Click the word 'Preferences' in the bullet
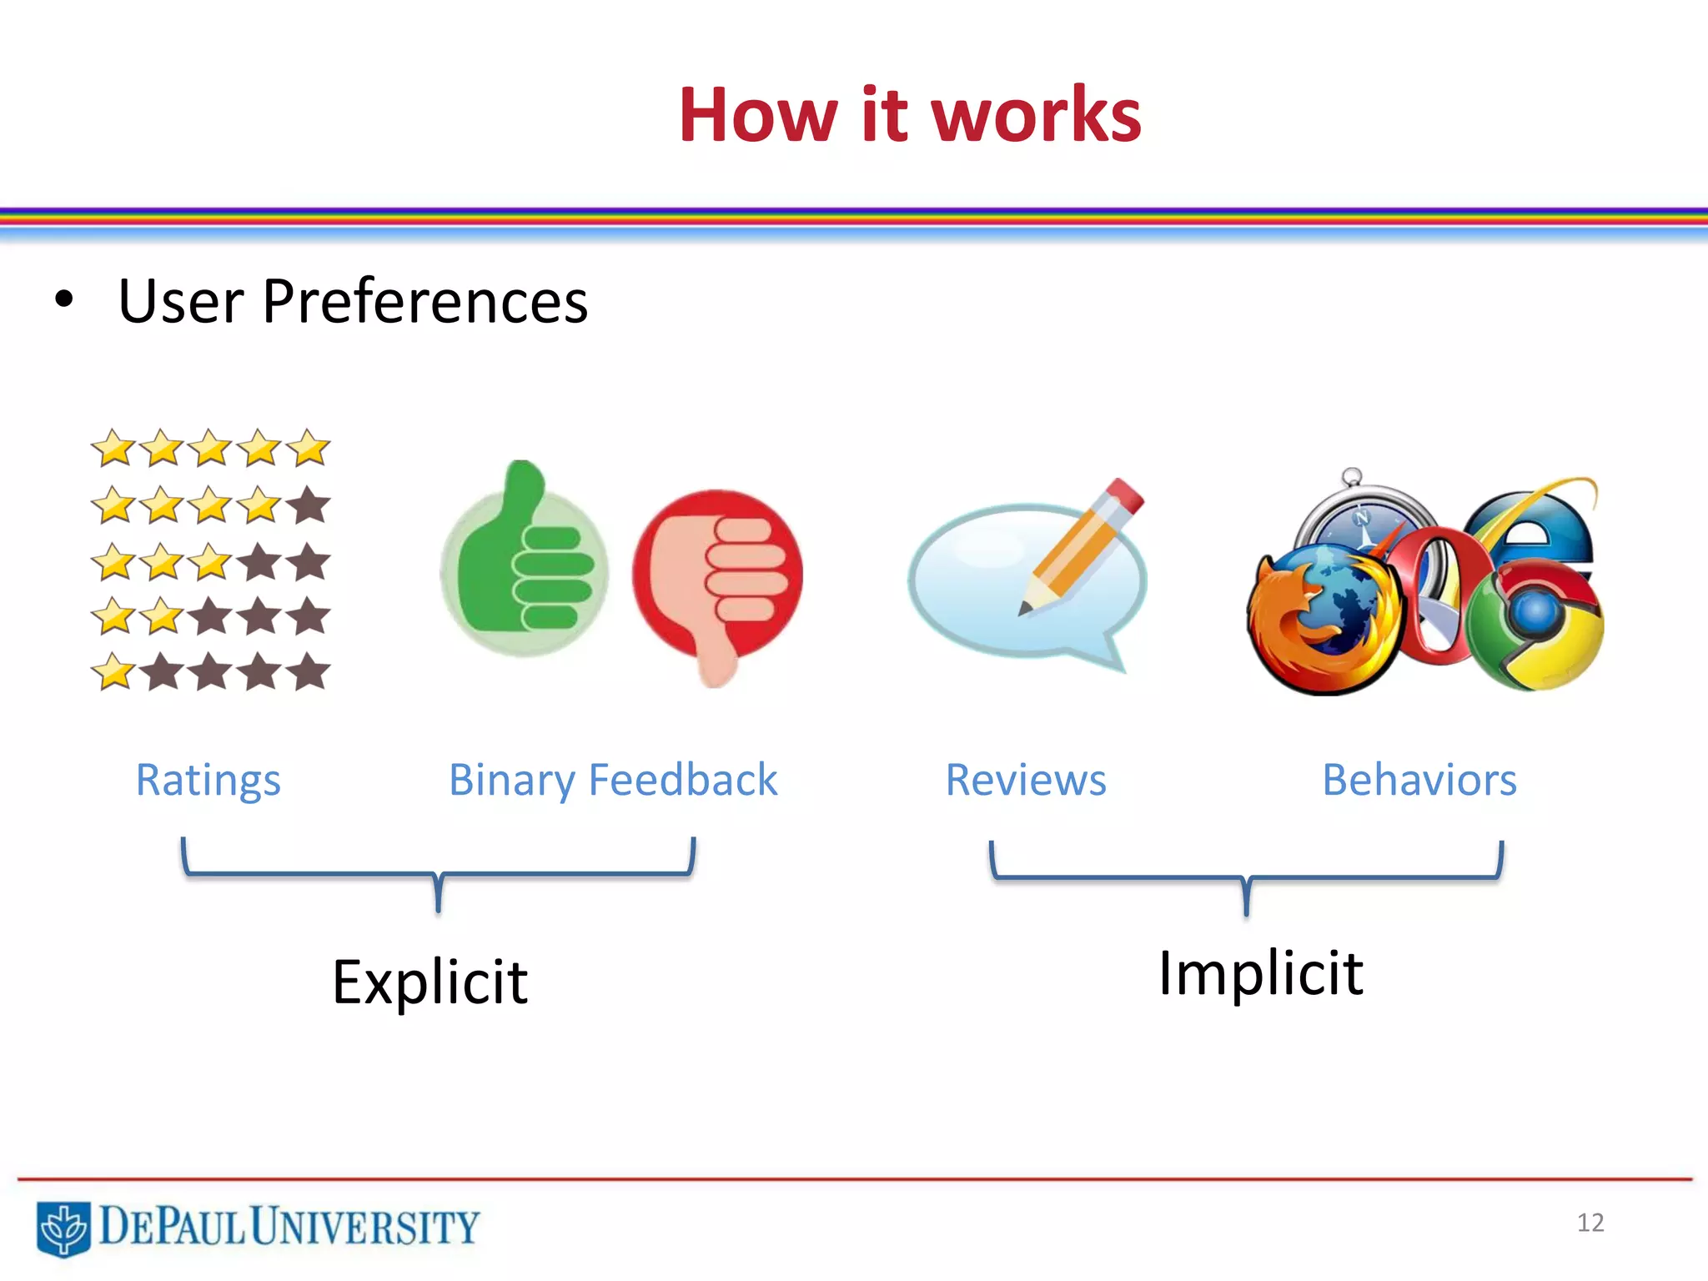(424, 301)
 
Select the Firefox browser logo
(1322, 621)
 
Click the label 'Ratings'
(208, 781)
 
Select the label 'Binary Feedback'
(613, 781)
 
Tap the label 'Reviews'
(1025, 781)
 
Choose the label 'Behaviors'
(1419, 781)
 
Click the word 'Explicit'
(430, 982)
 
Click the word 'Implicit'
(1260, 974)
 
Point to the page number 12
(1590, 1223)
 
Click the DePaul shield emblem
(63, 1228)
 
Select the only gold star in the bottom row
(113, 672)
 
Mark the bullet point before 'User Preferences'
(63, 300)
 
